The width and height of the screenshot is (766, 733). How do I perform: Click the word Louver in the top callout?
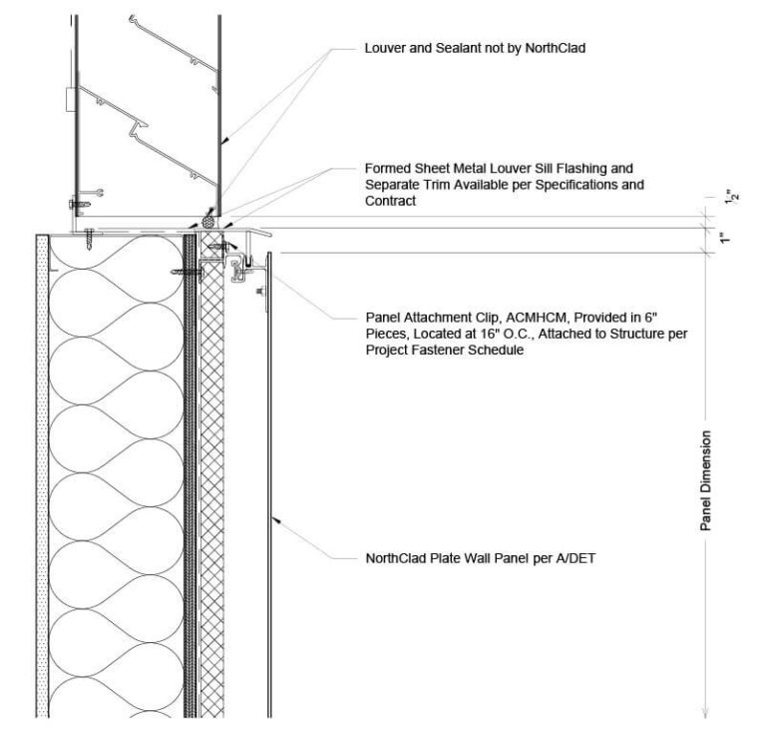click(387, 47)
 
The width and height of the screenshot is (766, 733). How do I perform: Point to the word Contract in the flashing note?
click(392, 202)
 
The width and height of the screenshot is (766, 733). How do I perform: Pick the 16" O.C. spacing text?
click(547, 335)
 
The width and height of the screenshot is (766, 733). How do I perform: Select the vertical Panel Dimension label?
click(705, 480)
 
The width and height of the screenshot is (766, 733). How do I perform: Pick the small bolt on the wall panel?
click(259, 293)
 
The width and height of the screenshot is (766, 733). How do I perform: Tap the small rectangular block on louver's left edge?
click(68, 99)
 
